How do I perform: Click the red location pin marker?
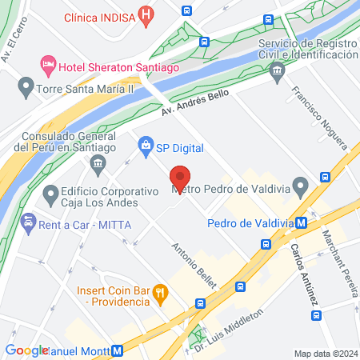point(180,178)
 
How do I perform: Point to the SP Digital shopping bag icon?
point(146,145)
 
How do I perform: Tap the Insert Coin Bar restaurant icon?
point(160,292)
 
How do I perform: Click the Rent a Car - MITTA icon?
point(29,221)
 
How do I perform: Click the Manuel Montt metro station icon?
point(118,350)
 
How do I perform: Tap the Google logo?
point(26,350)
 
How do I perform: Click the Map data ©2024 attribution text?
point(325,353)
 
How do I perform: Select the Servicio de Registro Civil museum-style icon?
point(278,71)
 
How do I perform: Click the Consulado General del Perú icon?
point(98,166)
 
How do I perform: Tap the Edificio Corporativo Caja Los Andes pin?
point(52,193)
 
